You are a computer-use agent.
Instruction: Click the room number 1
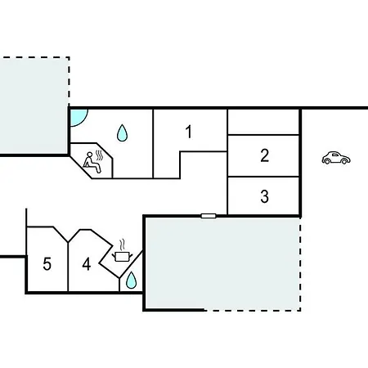[x=189, y=132]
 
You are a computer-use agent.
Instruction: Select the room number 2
[x=264, y=155]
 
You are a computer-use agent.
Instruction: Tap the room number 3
[x=264, y=196]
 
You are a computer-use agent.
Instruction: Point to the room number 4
[x=87, y=264]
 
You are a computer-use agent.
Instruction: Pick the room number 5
[x=47, y=264]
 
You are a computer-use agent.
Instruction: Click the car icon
[x=336, y=158]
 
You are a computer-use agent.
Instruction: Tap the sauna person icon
[x=92, y=163]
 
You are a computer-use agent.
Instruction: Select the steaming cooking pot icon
[x=122, y=251]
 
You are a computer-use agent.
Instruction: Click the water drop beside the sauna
[x=122, y=132]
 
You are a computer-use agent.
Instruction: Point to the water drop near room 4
[x=131, y=280]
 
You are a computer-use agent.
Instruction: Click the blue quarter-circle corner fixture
[x=77, y=117]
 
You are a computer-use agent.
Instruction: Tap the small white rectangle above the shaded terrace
[x=209, y=216]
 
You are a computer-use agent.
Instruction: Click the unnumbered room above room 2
[x=263, y=122]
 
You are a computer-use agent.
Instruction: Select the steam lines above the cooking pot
[x=123, y=245]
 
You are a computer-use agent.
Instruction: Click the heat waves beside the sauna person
[x=99, y=155]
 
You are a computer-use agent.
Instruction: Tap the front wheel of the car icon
[x=344, y=162]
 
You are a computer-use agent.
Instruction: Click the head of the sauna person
[x=89, y=155]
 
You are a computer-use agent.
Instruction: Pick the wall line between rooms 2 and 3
[x=263, y=177]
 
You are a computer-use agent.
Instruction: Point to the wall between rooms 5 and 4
[x=68, y=267]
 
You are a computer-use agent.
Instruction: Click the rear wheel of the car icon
[x=327, y=161]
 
